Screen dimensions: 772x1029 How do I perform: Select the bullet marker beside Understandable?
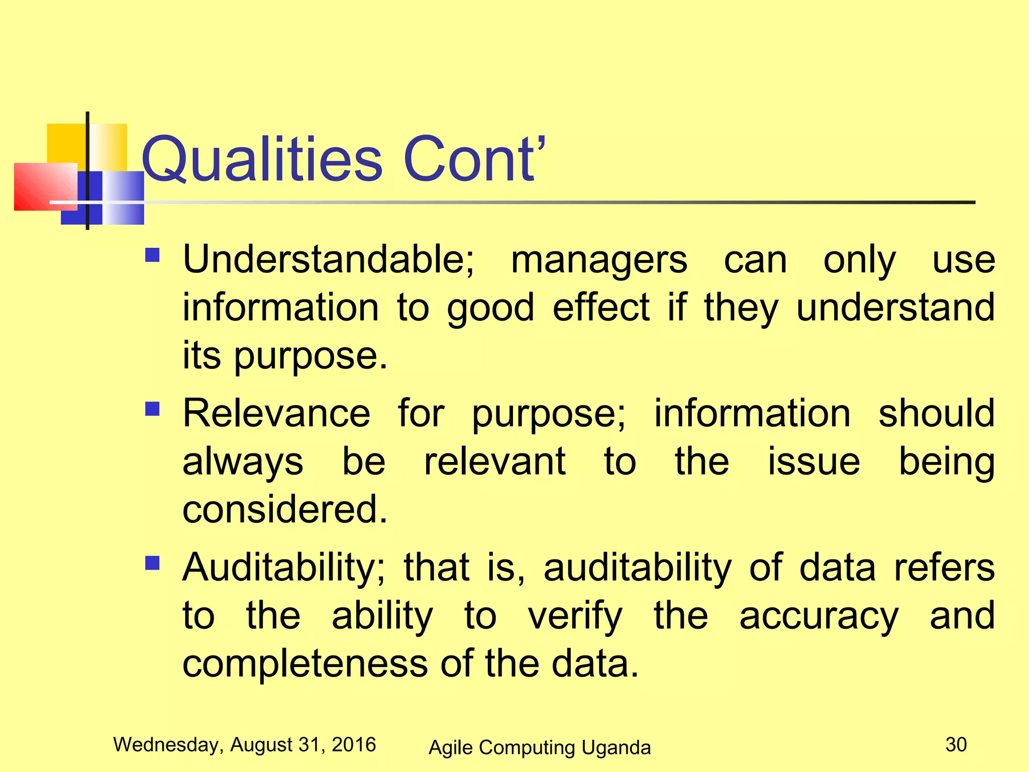[152, 255]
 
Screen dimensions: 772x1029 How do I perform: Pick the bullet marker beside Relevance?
[152, 409]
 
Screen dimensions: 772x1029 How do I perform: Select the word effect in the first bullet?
[601, 308]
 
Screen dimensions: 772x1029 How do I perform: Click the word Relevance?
[276, 414]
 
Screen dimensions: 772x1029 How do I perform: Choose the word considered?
[284, 510]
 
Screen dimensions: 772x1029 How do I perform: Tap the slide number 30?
[956, 744]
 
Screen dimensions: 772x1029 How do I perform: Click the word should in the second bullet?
[937, 414]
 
